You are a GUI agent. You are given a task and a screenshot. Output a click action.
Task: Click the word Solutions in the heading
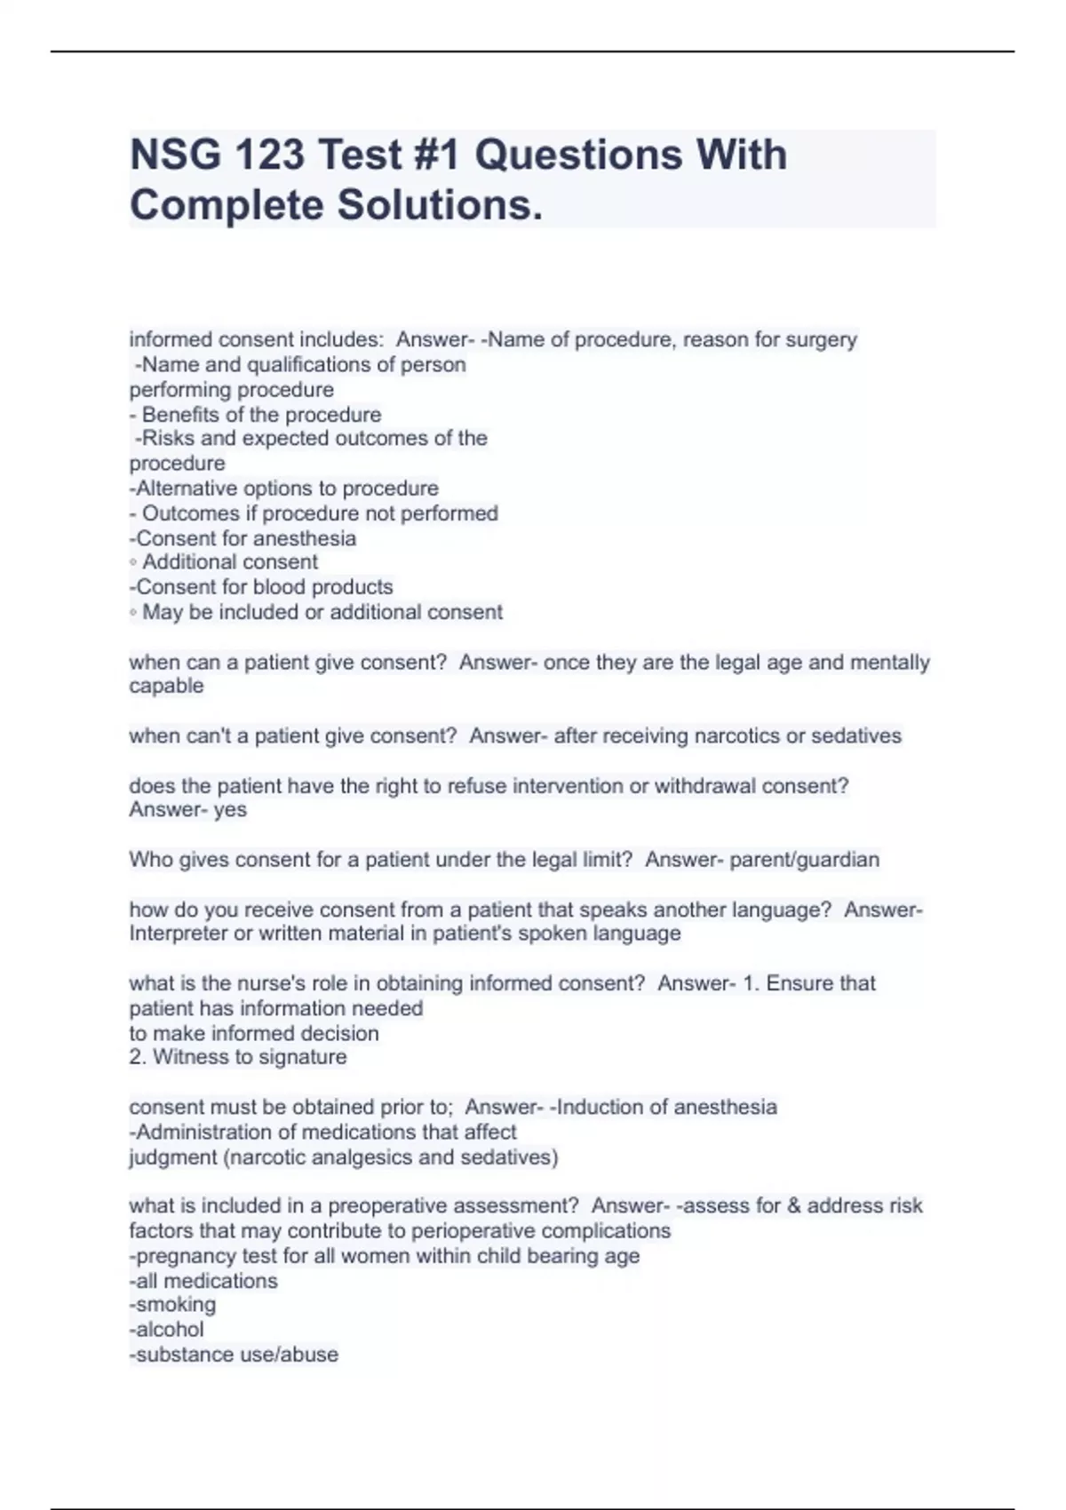[x=439, y=206]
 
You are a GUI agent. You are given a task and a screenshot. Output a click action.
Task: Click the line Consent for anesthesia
[x=243, y=538]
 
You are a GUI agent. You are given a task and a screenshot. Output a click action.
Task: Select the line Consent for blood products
[x=261, y=587]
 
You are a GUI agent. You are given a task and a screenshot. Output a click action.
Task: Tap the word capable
[x=166, y=686]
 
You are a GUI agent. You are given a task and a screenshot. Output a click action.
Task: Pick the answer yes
[x=230, y=810]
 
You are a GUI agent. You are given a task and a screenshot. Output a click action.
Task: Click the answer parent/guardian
[x=805, y=860]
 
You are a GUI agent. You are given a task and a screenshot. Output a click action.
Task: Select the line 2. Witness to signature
[x=238, y=1057]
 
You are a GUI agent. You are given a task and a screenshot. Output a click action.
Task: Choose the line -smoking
[x=172, y=1305]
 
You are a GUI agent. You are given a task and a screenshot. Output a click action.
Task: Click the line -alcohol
[x=166, y=1330]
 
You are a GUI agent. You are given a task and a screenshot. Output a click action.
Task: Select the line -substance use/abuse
[x=234, y=1355]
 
